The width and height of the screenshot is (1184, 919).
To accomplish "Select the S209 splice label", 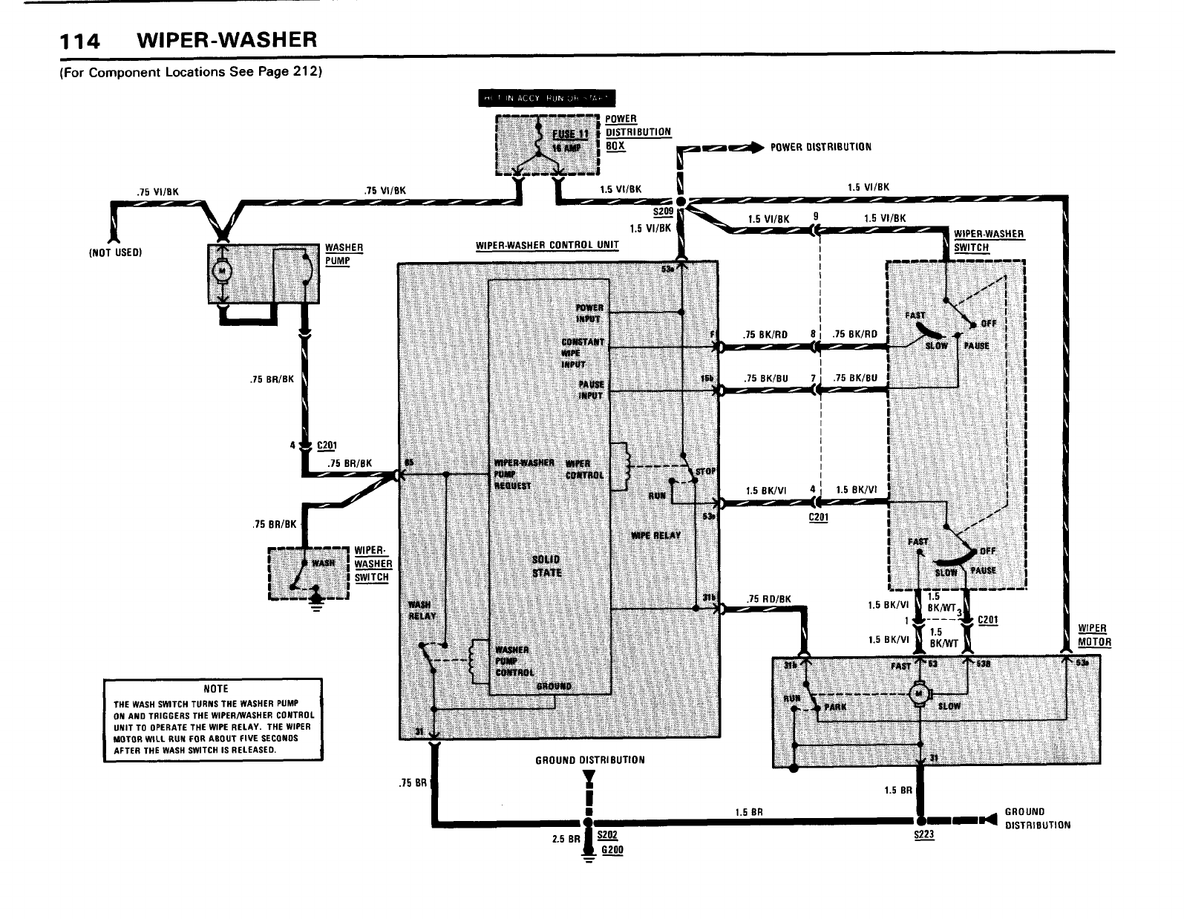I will point(661,211).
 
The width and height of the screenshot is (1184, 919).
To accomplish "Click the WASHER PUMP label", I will point(344,254).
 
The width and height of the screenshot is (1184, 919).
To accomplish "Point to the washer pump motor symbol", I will point(220,272).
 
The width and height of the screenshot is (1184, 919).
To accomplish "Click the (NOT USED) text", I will point(114,252).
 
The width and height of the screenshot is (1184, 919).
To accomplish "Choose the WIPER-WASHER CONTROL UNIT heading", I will point(547,245).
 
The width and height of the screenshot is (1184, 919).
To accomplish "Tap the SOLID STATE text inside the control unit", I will point(547,566).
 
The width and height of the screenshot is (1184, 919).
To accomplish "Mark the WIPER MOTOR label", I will point(1093,635).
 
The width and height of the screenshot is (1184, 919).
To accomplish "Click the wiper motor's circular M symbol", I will point(920,693).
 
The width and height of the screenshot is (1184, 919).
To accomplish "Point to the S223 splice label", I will point(924,835).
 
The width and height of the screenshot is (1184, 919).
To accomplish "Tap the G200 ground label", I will point(612,850).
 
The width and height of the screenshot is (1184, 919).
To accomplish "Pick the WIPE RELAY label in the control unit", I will point(655,535).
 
